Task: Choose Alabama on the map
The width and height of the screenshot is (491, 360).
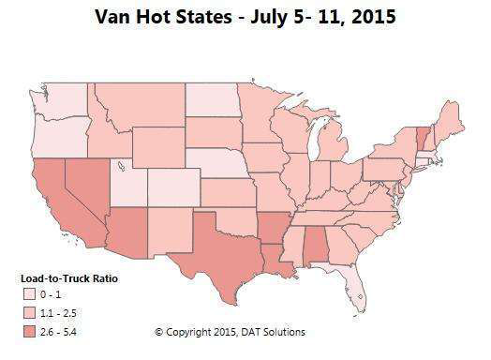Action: tap(319, 248)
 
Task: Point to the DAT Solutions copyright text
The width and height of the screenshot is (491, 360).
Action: tap(230, 332)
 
